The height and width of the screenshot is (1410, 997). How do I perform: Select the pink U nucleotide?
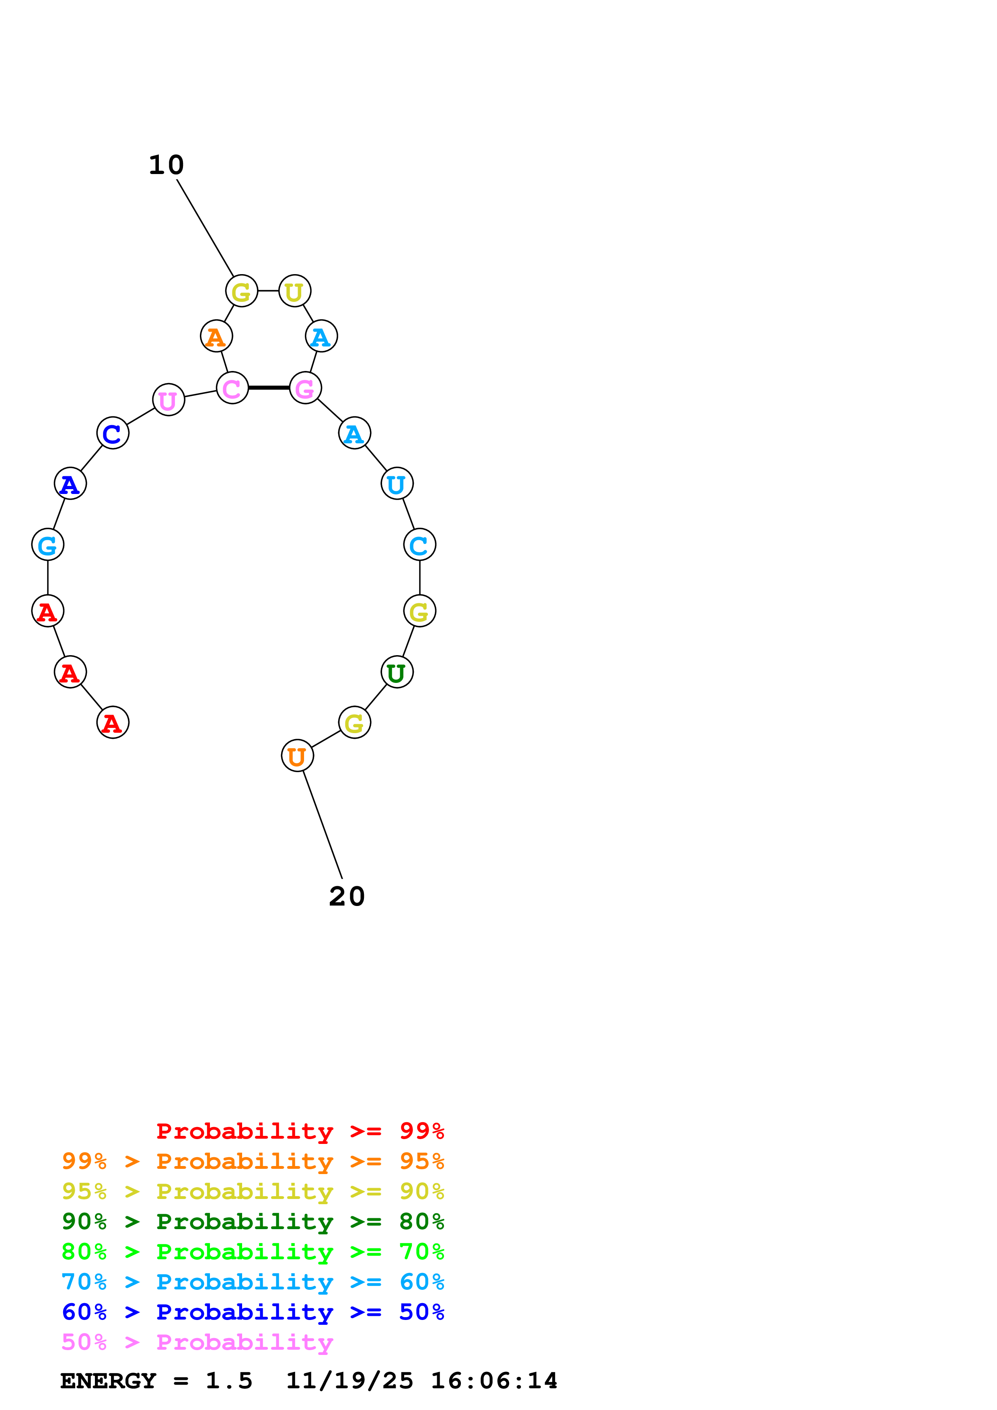[169, 400]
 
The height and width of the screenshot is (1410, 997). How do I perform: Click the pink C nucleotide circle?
[232, 388]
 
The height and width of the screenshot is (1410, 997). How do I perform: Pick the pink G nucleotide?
[305, 388]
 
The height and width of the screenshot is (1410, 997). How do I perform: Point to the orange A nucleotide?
[216, 336]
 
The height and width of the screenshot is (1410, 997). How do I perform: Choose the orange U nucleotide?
[297, 756]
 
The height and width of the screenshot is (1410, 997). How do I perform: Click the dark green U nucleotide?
[397, 672]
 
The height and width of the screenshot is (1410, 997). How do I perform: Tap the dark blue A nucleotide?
[70, 484]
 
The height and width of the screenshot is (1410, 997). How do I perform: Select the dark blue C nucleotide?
[113, 434]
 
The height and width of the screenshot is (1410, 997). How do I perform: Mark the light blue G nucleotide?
[47, 545]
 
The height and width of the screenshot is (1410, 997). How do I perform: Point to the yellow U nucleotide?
[295, 291]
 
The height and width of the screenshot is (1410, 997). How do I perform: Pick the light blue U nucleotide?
[397, 484]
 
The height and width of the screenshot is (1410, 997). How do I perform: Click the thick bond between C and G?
[268, 388]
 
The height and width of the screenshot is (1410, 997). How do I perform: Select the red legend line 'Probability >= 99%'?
[300, 1131]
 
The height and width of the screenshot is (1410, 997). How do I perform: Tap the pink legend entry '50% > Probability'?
[197, 1342]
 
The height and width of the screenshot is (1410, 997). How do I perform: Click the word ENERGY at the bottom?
[107, 1381]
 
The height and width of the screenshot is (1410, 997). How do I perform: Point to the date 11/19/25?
[349, 1381]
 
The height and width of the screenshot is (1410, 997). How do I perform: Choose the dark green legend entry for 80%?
[253, 1222]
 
